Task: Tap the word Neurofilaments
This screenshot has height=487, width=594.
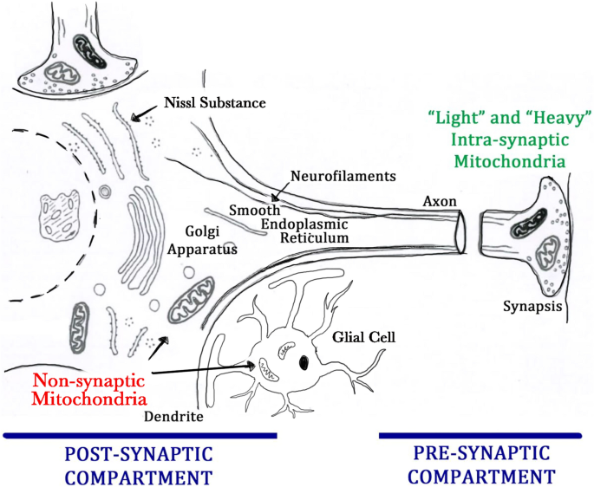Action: point(343,176)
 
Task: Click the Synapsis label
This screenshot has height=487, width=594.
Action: point(531,307)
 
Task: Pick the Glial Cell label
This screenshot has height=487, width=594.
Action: point(362,334)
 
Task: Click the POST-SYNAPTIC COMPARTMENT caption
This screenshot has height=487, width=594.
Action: point(139,464)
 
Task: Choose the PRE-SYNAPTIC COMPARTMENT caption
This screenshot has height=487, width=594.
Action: point(481,464)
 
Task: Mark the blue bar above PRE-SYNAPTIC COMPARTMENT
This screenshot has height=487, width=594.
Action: point(486,435)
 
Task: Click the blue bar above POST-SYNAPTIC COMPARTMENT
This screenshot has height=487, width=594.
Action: point(140,435)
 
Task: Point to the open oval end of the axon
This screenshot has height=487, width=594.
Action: point(460,233)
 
